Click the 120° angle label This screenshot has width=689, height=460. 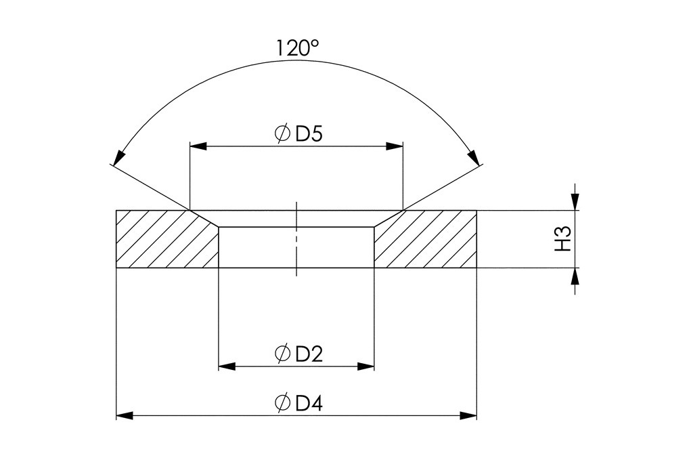(296, 49)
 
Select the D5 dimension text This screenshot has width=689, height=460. (309, 133)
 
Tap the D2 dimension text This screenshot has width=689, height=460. (309, 353)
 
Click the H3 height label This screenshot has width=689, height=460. (564, 239)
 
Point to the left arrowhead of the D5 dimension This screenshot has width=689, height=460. (198, 146)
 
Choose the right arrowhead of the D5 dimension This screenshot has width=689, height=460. (395, 146)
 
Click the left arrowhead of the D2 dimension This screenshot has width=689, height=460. (227, 367)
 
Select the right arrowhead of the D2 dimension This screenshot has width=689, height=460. (366, 367)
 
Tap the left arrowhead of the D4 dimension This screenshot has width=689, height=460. (125, 415)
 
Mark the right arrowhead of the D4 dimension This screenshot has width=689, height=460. (468, 415)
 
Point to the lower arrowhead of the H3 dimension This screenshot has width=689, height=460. (575, 276)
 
